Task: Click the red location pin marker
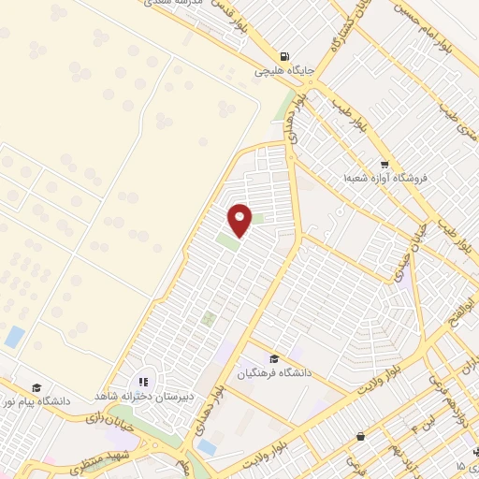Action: coord(240,219)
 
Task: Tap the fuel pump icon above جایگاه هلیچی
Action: coord(284,55)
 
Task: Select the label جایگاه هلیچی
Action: coord(284,70)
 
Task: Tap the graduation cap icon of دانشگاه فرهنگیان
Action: coord(274,359)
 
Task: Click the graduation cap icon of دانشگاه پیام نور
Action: coord(36,387)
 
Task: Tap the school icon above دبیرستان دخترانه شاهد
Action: coord(143,382)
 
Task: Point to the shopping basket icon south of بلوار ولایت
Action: coord(361,435)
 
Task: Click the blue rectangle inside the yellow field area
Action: coord(14,337)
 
